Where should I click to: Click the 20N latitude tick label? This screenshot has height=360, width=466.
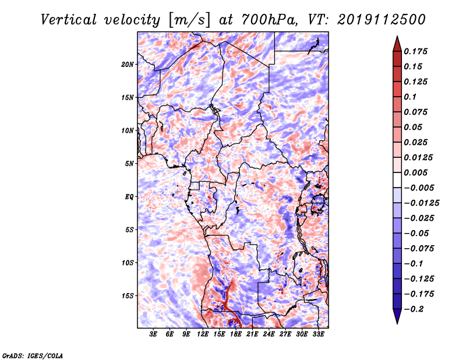(127, 65)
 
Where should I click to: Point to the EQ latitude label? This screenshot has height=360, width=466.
(129, 197)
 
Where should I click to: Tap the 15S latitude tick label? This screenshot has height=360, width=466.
(127, 296)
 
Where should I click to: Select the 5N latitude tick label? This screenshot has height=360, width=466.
(129, 164)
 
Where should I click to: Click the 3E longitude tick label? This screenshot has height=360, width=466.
(153, 334)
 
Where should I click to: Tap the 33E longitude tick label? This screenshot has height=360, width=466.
(318, 334)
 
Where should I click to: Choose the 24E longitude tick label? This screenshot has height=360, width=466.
(269, 334)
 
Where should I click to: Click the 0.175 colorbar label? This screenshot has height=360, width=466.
(415, 51)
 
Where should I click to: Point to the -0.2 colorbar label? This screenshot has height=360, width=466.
(414, 309)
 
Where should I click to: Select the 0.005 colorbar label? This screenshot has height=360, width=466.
(415, 172)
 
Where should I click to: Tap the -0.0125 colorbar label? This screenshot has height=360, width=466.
(421, 203)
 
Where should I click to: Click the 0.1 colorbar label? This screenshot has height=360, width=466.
(410, 97)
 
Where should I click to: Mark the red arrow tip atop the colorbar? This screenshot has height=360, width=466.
(397, 36)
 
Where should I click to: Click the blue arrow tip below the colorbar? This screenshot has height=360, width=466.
(397, 323)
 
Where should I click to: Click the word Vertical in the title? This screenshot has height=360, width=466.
(69, 20)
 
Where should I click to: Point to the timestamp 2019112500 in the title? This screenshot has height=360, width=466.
(382, 20)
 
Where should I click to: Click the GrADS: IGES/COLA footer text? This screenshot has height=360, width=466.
(33, 355)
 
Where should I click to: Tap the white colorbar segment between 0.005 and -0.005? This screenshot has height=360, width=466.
(397, 180)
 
